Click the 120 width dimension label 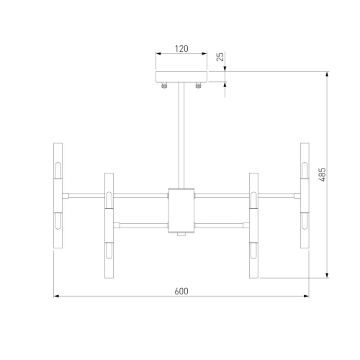click(181, 49)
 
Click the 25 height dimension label click(220, 57)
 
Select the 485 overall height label click(323, 174)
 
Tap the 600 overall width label click(181, 291)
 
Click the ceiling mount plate click(181, 76)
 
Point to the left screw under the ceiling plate click(164, 85)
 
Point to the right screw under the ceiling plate click(198, 85)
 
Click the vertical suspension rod click(181, 135)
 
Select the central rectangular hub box click(181, 210)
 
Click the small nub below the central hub click(181, 235)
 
